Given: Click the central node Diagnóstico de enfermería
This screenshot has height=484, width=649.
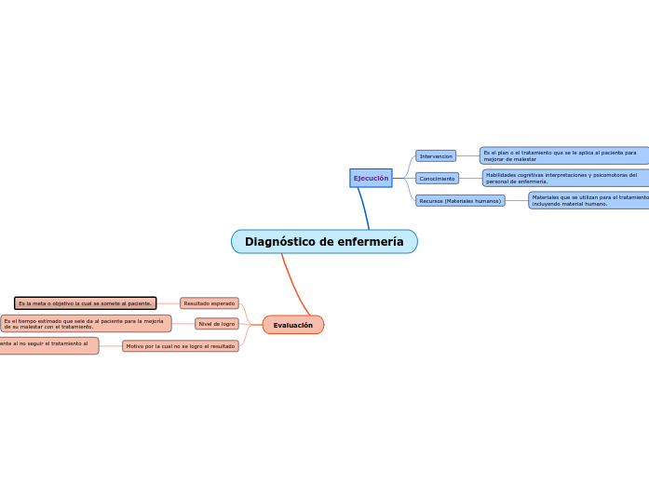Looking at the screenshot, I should [324, 242].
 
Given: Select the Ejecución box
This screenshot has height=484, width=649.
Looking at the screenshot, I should [371, 178].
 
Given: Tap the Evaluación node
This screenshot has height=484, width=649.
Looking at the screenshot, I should [293, 325].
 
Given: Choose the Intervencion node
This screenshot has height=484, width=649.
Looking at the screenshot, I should [436, 156].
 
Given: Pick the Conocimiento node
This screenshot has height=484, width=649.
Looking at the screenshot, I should [437, 179].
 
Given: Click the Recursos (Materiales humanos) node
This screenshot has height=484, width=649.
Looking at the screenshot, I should [460, 200].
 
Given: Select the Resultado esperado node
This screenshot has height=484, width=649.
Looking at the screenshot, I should [210, 303].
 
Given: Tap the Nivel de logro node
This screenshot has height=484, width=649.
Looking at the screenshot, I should [216, 324].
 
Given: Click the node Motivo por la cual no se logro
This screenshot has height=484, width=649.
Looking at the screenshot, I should [181, 346].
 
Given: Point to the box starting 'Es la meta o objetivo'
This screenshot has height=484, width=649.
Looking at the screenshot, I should [86, 303].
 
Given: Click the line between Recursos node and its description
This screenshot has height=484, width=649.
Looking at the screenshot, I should [517, 200].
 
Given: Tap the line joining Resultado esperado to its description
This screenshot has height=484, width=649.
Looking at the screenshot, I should [168, 303].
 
